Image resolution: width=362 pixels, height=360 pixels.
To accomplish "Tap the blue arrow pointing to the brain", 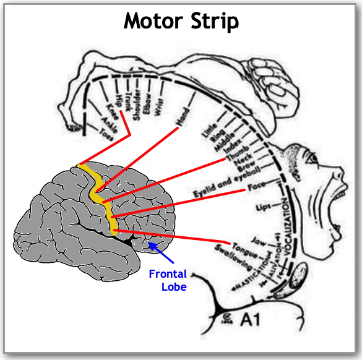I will [x=165, y=252].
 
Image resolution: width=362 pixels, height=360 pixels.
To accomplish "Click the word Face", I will [x=256, y=186].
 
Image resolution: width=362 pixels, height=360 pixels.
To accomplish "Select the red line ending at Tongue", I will [x=173, y=236].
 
